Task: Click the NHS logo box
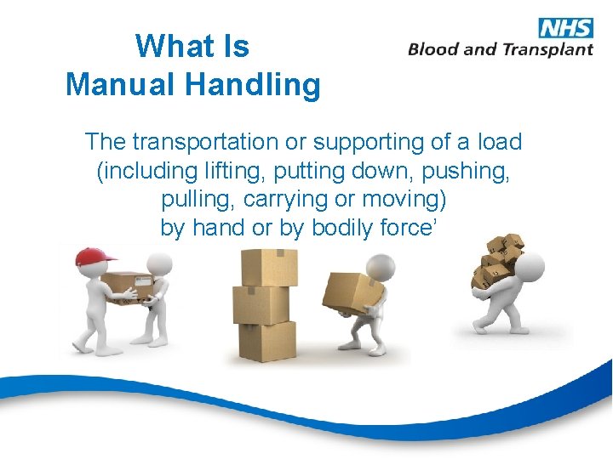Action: tap(566, 27)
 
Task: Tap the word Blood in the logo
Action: tap(434, 49)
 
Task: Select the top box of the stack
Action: tap(269, 267)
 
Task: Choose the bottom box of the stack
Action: tap(267, 341)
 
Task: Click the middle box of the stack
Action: tap(261, 304)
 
